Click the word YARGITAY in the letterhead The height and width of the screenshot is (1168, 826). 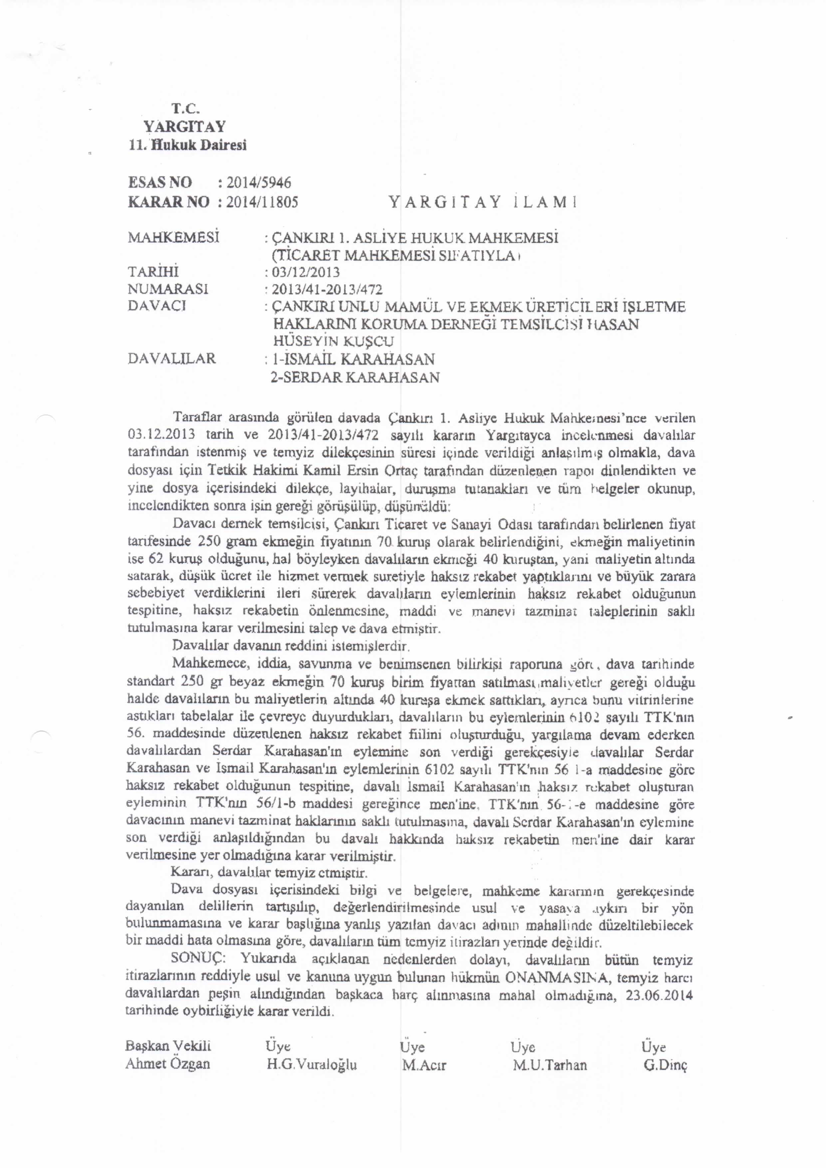click(x=184, y=126)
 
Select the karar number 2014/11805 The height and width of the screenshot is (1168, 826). click(x=262, y=202)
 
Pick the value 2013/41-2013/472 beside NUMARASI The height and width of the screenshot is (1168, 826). click(x=327, y=290)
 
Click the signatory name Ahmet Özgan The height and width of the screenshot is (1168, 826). click(x=167, y=1064)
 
